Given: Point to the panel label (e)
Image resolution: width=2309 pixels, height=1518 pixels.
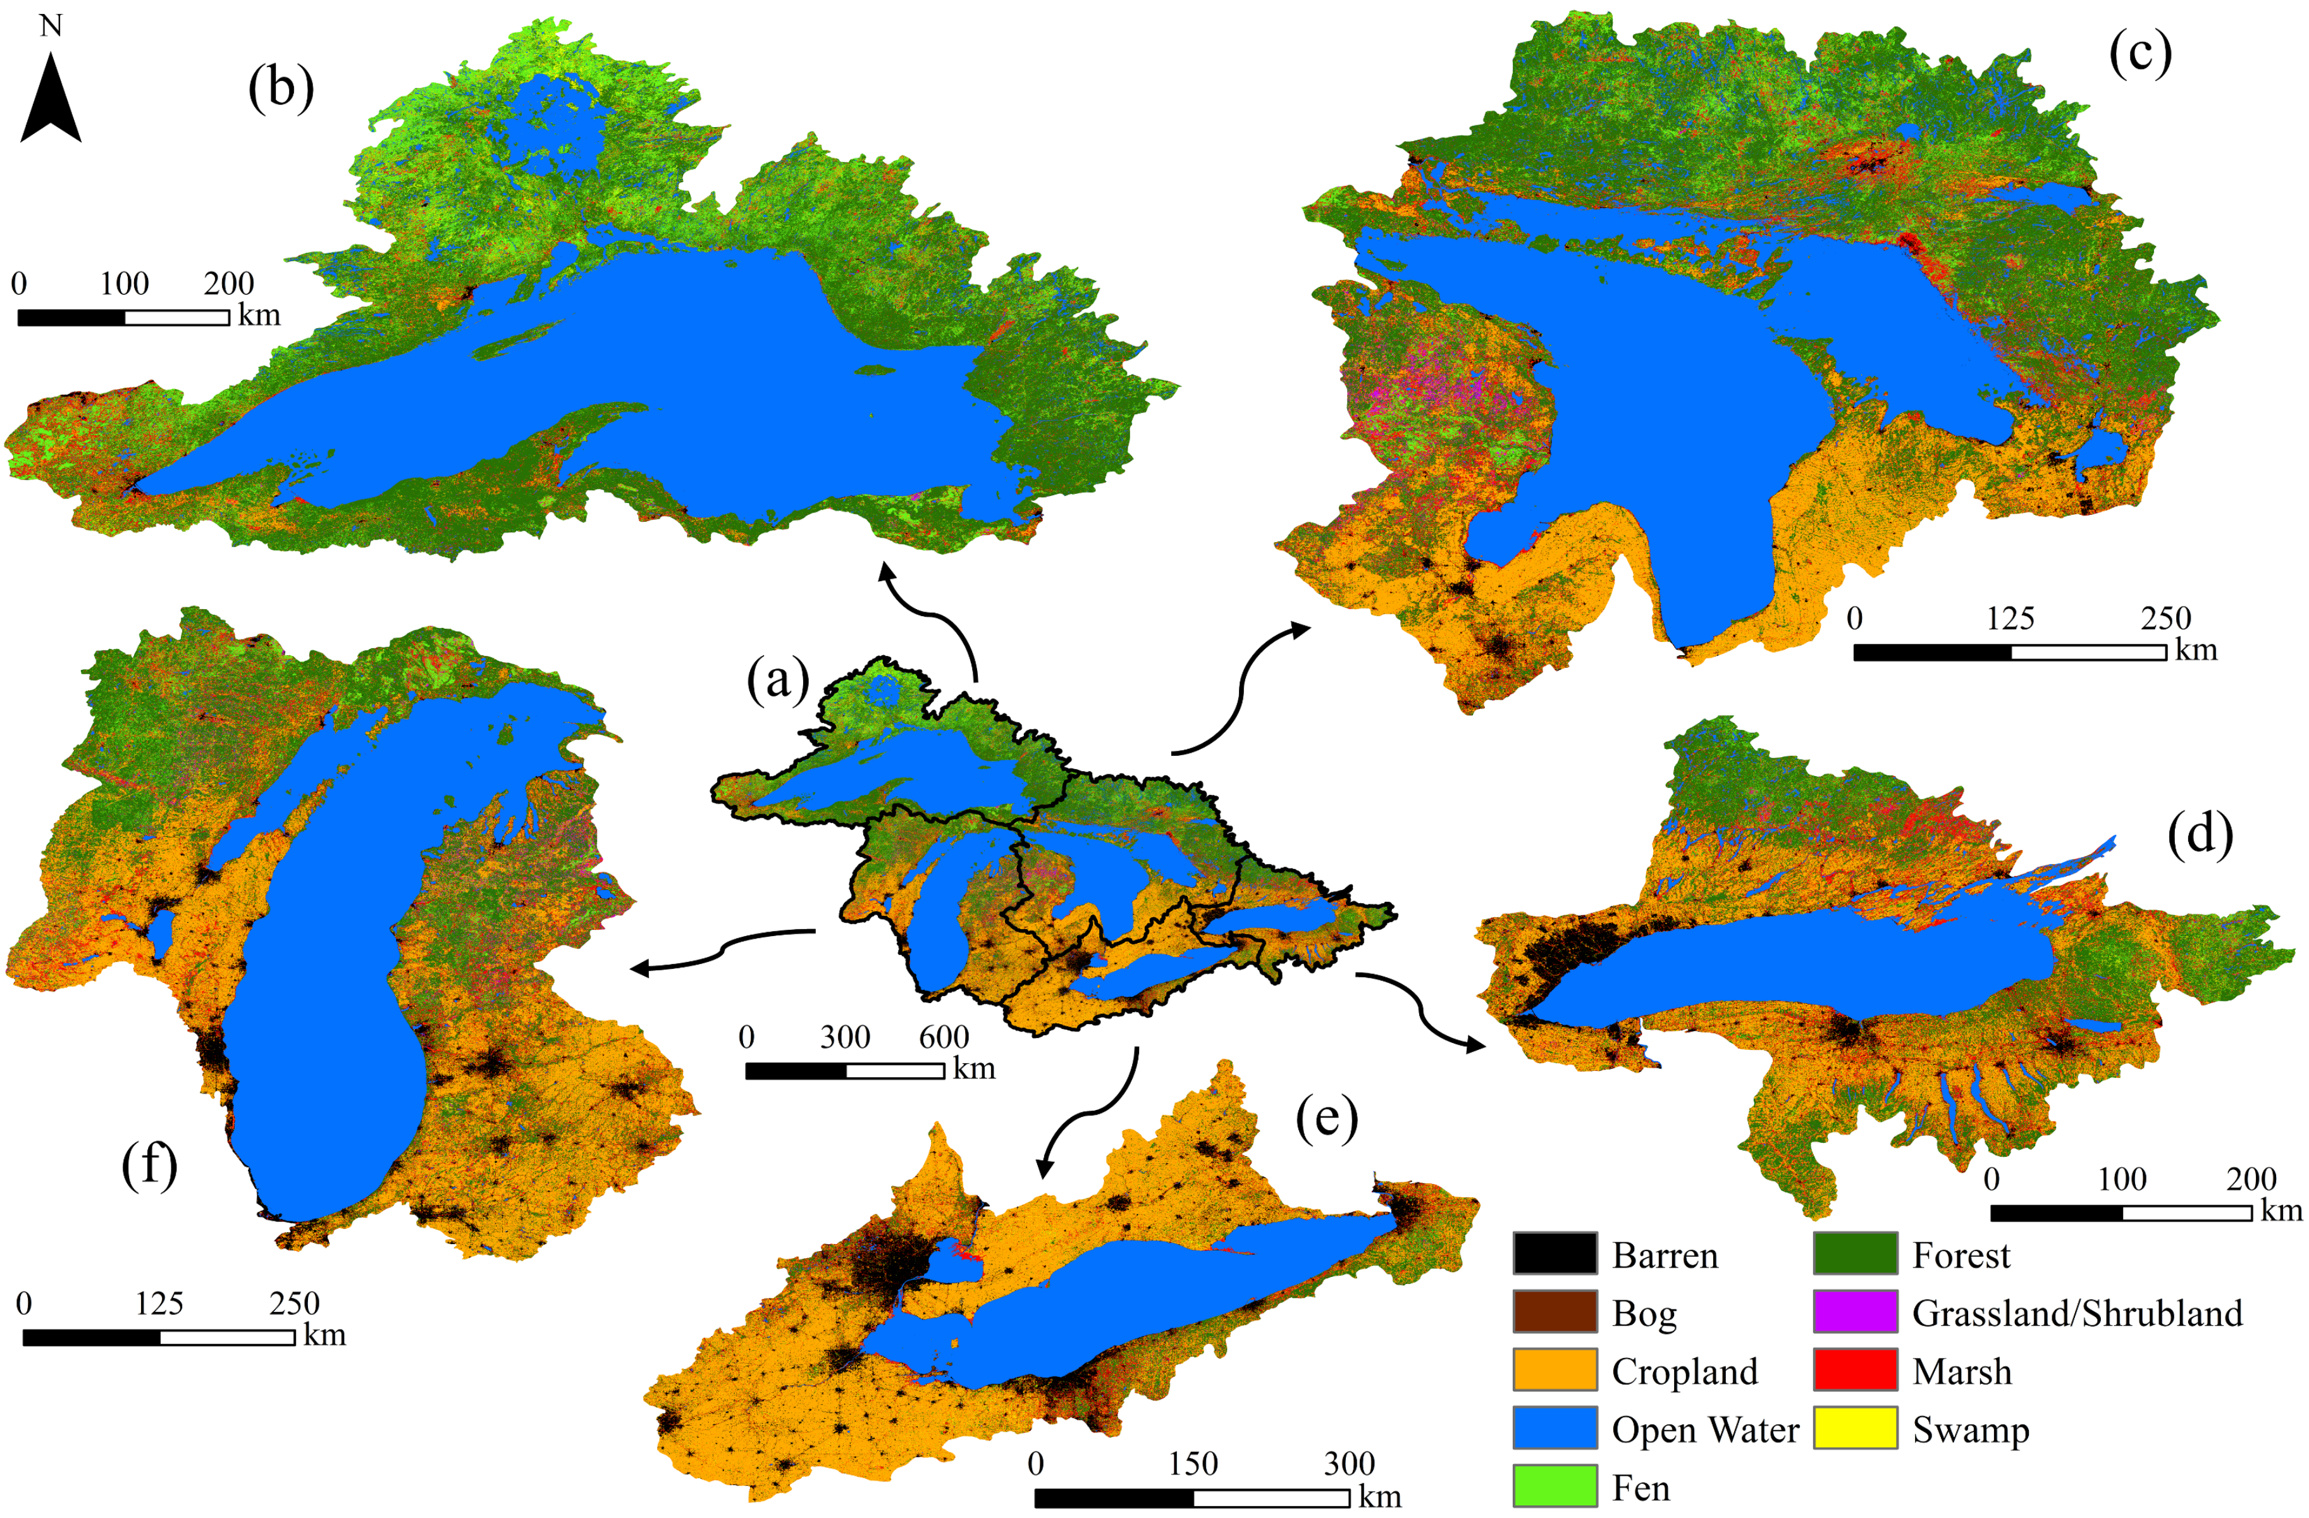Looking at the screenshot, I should tap(1326, 1118).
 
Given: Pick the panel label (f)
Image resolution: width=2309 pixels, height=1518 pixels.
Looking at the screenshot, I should tap(149, 1164).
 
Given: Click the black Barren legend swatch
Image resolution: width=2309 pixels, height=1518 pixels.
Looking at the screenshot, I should tap(1555, 1254).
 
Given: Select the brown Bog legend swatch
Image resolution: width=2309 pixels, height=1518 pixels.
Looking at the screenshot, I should tap(1555, 1312).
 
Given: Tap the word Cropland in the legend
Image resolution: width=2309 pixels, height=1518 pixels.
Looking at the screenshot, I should tap(1684, 1371).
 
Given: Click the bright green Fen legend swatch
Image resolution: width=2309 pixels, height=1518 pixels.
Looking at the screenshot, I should tap(1555, 1486).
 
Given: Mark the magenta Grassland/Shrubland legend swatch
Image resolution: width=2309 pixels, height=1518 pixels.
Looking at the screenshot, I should tap(1855, 1312).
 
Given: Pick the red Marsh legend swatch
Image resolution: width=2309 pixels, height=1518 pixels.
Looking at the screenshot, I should tap(1855, 1371).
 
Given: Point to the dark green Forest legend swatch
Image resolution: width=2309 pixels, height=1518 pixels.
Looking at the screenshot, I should tap(1855, 1254).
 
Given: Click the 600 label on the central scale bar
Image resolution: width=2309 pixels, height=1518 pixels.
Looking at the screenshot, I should tap(943, 1037).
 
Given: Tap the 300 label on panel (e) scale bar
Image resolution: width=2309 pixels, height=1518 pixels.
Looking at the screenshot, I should tap(1348, 1464).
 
